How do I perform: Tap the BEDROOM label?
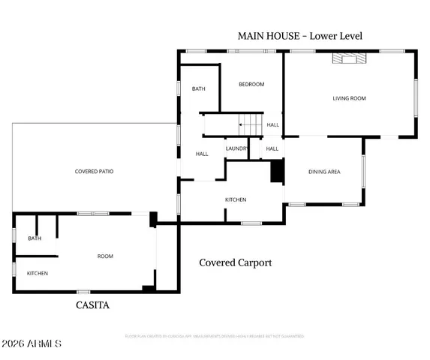[251, 84]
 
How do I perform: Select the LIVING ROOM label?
[349, 98]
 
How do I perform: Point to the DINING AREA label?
[324, 172]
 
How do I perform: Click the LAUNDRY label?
[237, 148]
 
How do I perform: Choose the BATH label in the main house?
[198, 88]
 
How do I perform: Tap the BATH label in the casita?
[35, 238]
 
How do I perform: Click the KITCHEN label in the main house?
[236, 199]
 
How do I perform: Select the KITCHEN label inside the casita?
[38, 273]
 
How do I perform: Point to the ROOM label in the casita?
[105, 256]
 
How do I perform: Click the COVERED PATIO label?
[94, 172]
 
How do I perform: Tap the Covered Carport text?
[235, 262]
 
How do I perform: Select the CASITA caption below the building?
[93, 305]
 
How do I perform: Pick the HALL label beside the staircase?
[272, 125]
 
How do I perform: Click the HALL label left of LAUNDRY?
[202, 154]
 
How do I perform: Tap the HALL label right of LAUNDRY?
[272, 148]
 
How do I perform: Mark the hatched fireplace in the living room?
[350, 58]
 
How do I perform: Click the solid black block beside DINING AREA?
[277, 172]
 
